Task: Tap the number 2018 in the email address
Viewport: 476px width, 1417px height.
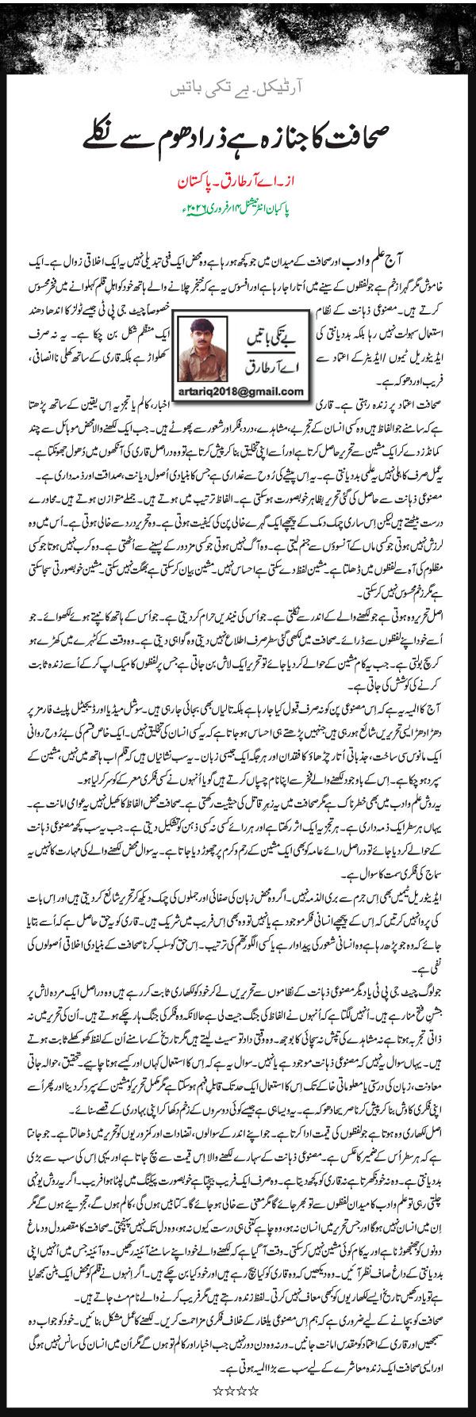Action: point(225,391)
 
